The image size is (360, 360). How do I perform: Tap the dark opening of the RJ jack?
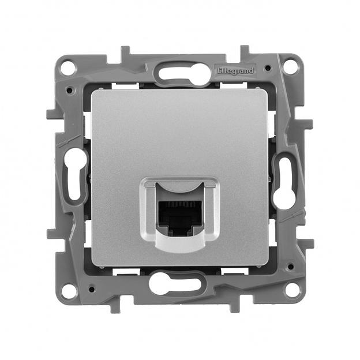point(180,213)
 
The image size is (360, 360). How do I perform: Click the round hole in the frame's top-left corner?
point(69,66)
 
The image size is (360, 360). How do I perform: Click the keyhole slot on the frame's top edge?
point(180,73)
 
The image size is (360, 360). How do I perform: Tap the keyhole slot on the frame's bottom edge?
point(179,283)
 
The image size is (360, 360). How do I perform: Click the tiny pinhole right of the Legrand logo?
point(267,67)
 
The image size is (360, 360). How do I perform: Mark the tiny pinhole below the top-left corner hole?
point(70,90)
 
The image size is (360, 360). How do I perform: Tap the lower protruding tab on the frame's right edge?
point(307,242)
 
